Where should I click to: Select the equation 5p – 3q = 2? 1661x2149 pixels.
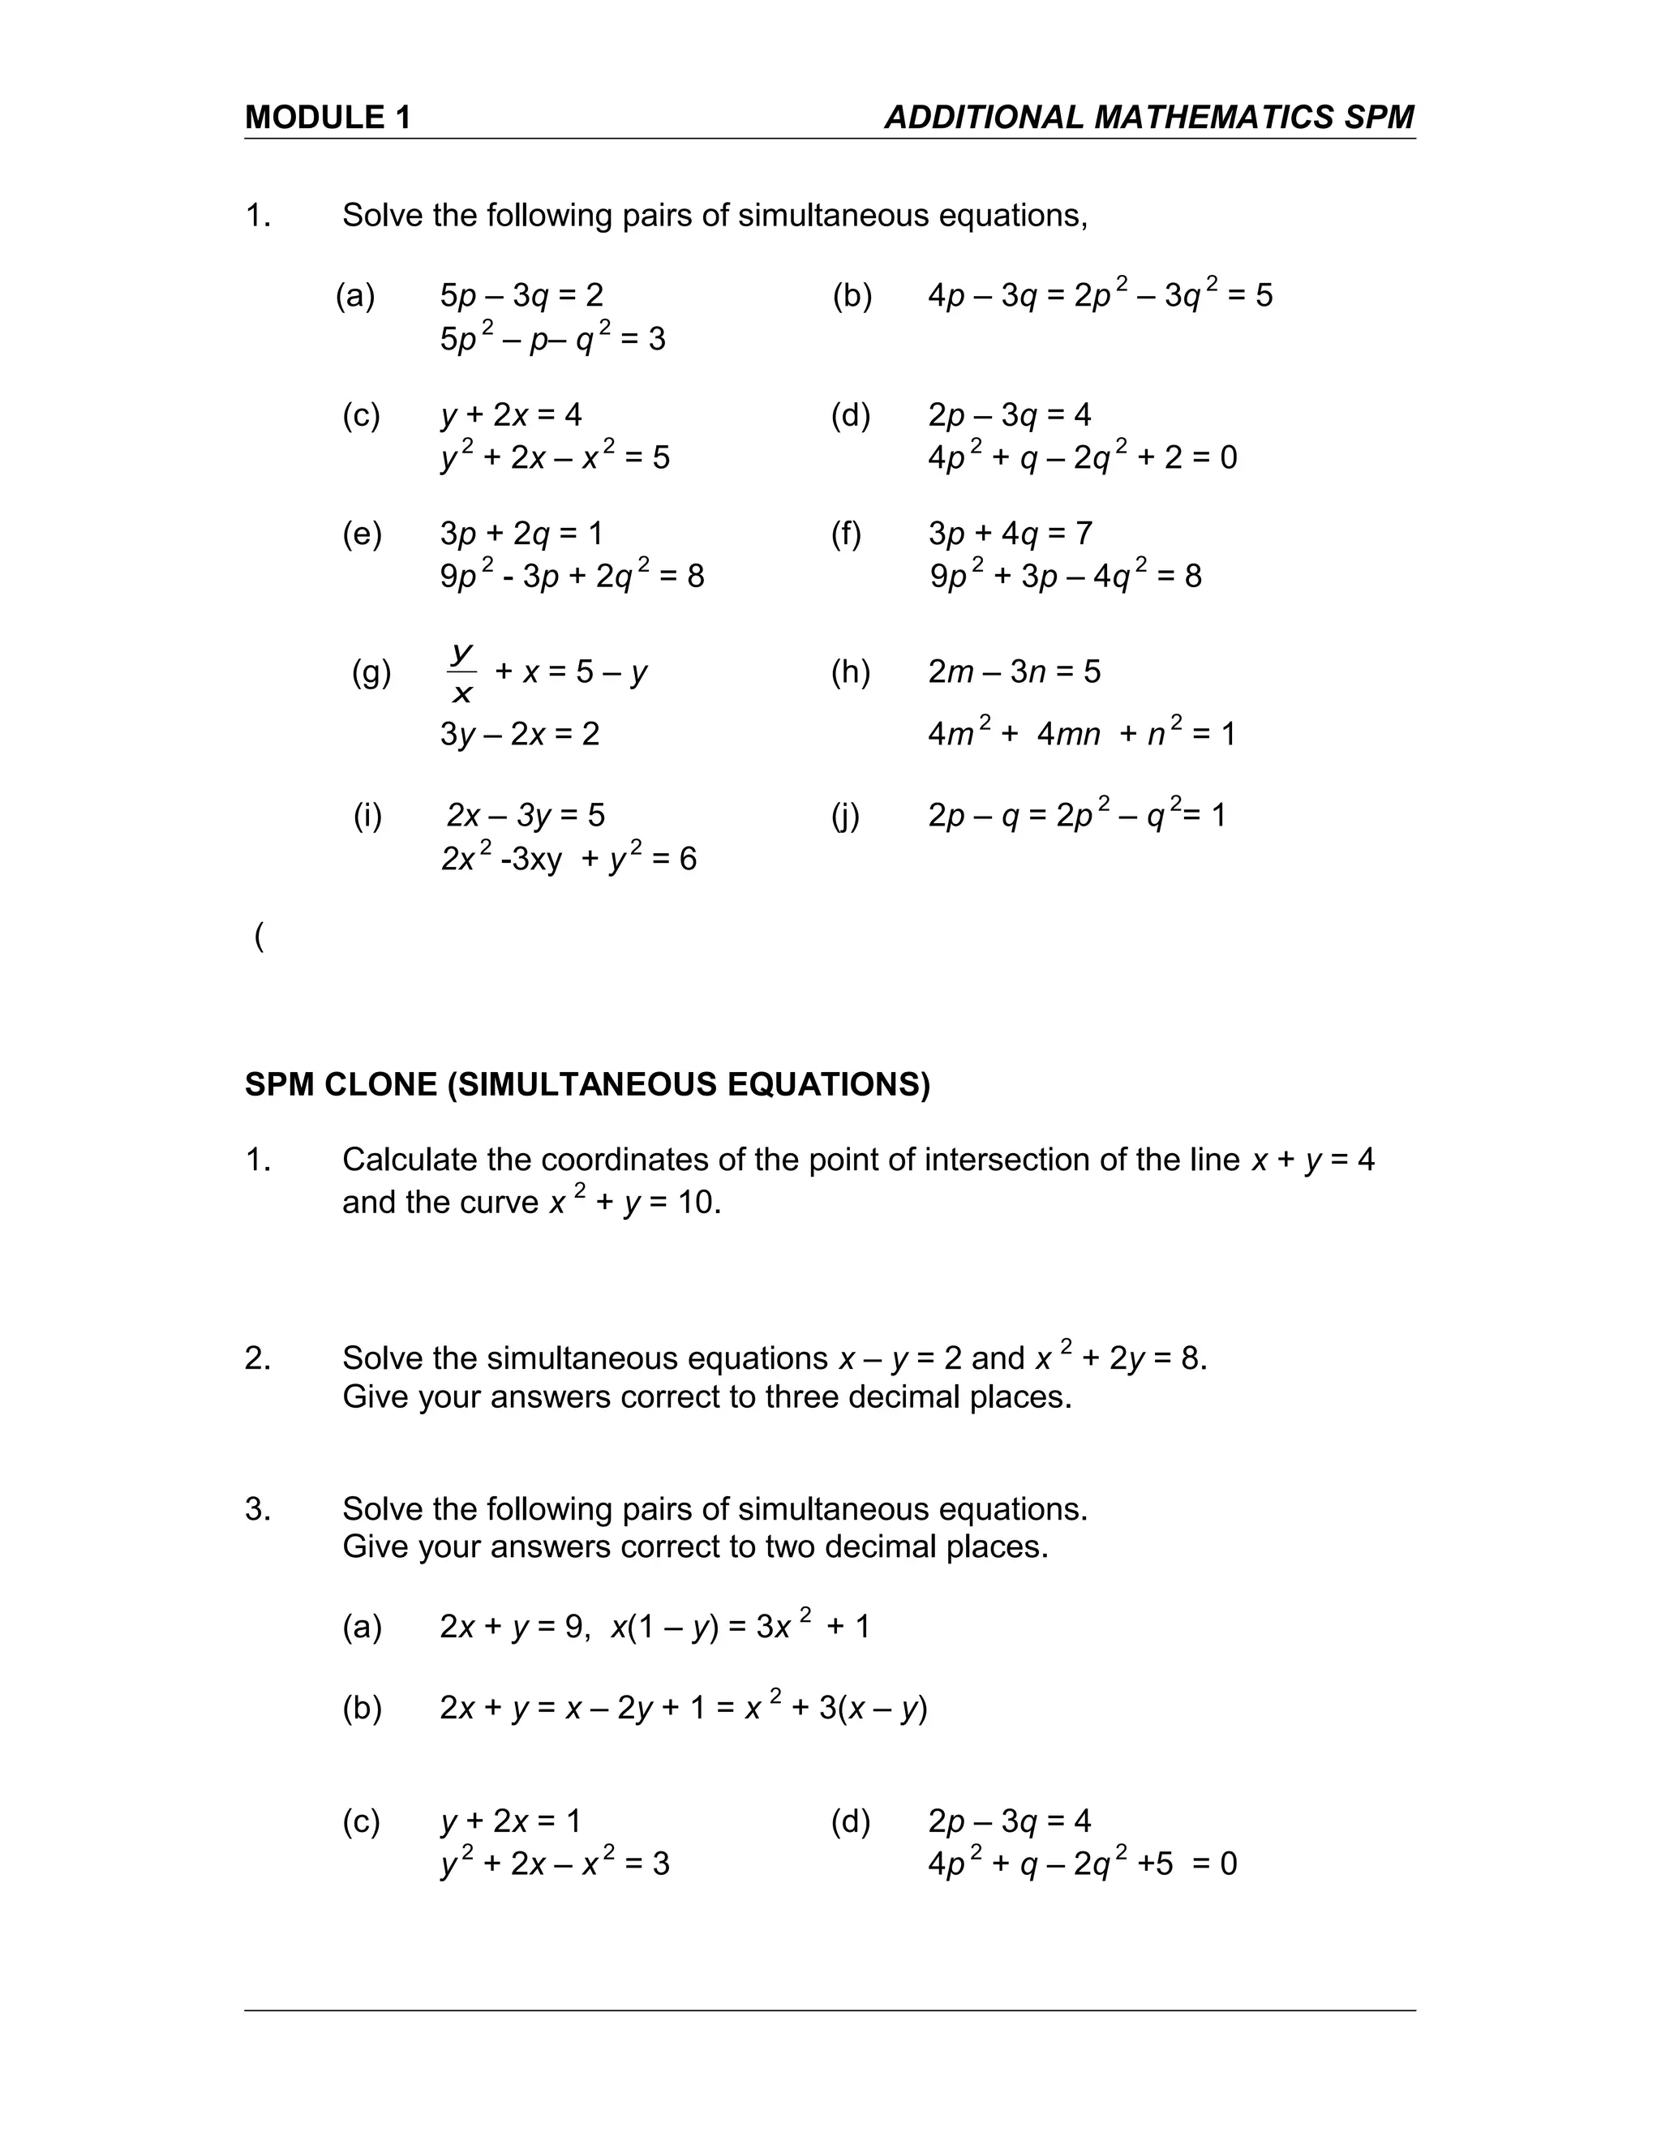point(521,295)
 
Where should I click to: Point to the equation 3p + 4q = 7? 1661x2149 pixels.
point(1010,534)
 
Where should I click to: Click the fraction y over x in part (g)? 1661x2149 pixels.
point(461,673)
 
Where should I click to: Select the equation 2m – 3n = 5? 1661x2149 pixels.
point(1014,672)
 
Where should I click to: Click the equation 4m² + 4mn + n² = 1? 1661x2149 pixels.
point(1080,734)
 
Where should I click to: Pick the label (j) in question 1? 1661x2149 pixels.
point(844,815)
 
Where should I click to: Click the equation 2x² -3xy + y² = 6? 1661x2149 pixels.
point(568,859)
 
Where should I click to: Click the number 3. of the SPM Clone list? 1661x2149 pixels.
point(258,1509)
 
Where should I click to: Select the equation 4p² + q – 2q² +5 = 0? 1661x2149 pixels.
point(1081,1864)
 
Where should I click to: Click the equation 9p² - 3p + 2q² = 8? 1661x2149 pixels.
point(572,576)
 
